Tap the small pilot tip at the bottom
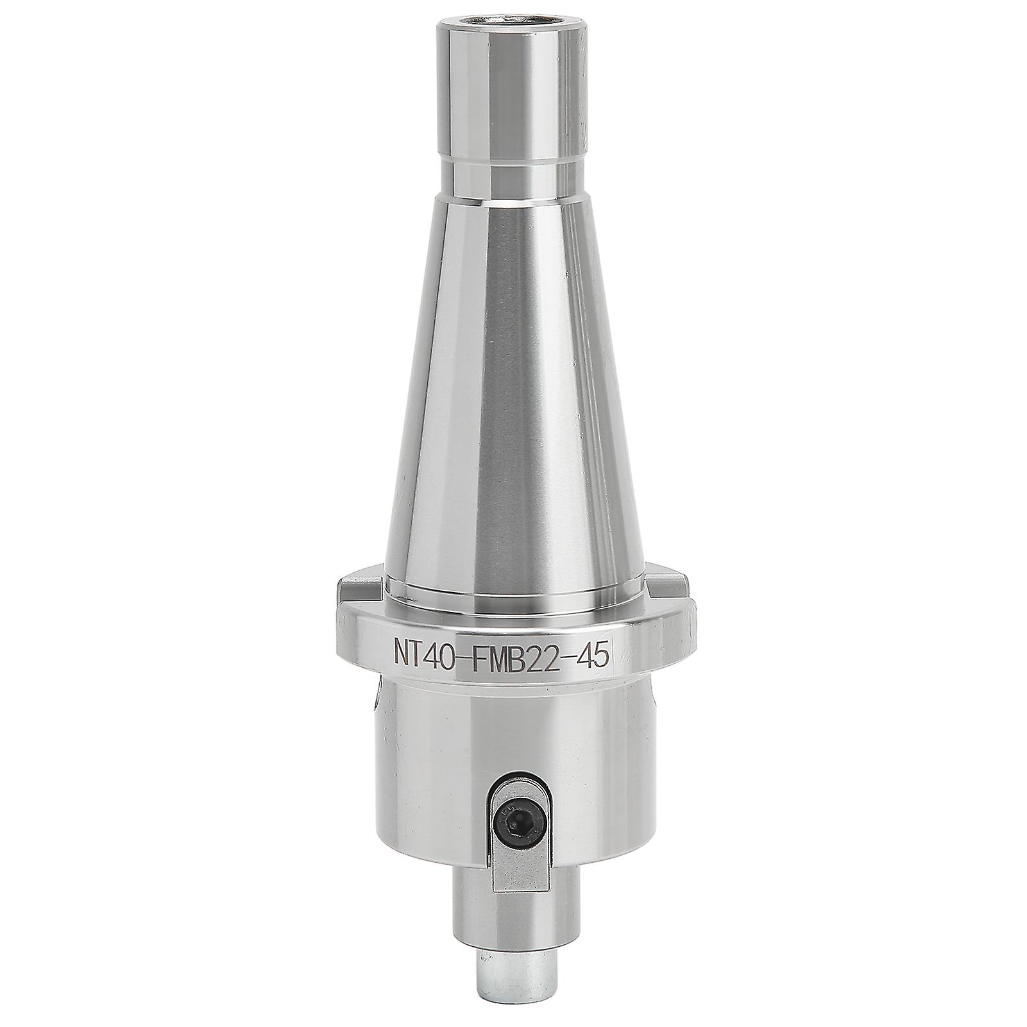coord(513,965)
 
